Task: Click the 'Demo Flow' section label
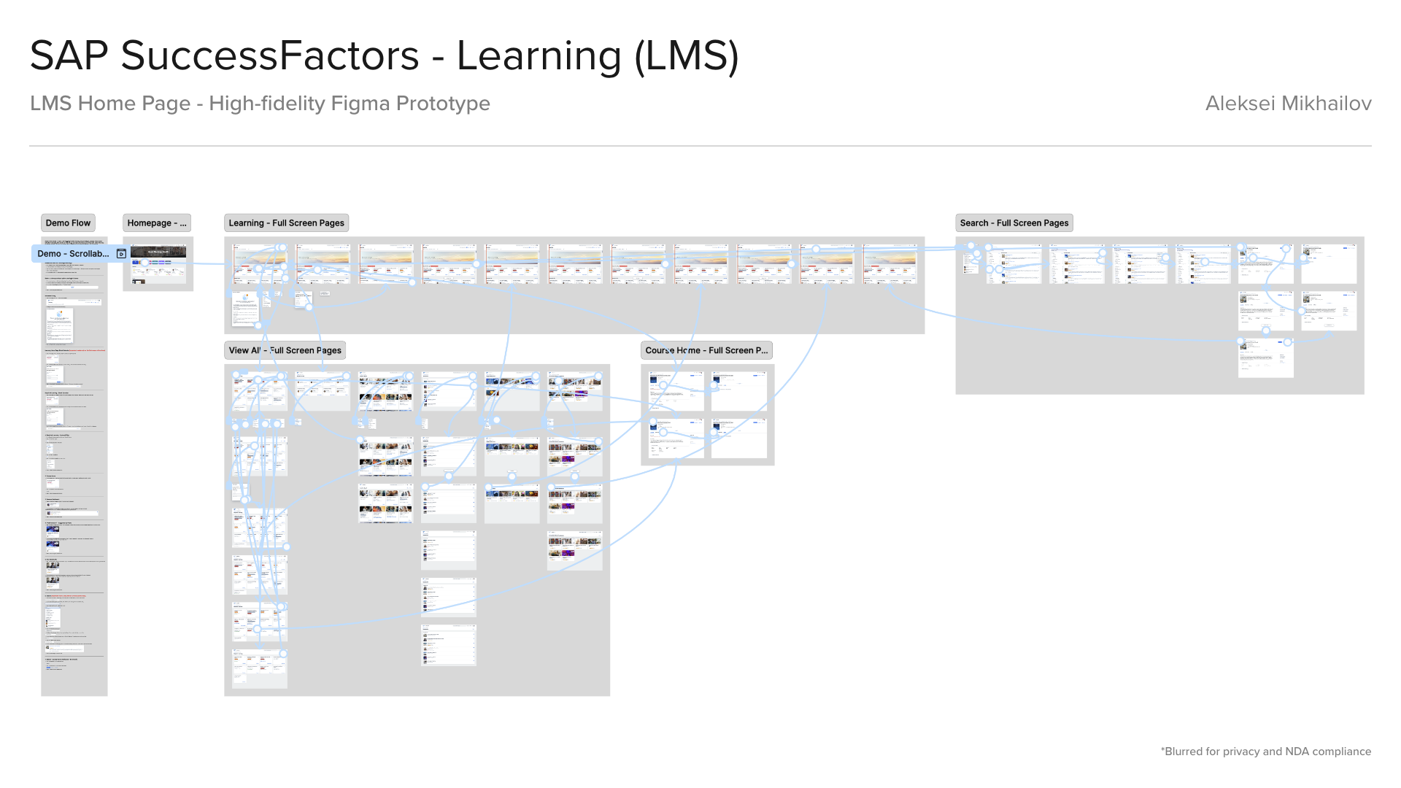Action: (x=68, y=223)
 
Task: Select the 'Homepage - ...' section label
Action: (x=157, y=223)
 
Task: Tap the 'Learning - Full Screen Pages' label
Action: (x=286, y=223)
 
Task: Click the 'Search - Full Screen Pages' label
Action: (x=1014, y=223)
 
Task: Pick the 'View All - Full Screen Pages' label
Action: (x=285, y=350)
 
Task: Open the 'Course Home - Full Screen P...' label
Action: (x=706, y=350)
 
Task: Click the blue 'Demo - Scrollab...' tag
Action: (x=73, y=254)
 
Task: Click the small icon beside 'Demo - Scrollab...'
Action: (x=122, y=254)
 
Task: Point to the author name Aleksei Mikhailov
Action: (x=1288, y=104)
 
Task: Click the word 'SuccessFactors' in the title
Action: (x=270, y=55)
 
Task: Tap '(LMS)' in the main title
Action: (x=687, y=55)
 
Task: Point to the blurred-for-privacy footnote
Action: (x=1265, y=752)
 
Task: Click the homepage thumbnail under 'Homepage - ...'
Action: (x=158, y=264)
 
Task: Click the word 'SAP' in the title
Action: (x=69, y=55)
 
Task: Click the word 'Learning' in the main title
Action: (x=539, y=55)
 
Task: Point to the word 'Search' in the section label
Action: (x=974, y=223)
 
